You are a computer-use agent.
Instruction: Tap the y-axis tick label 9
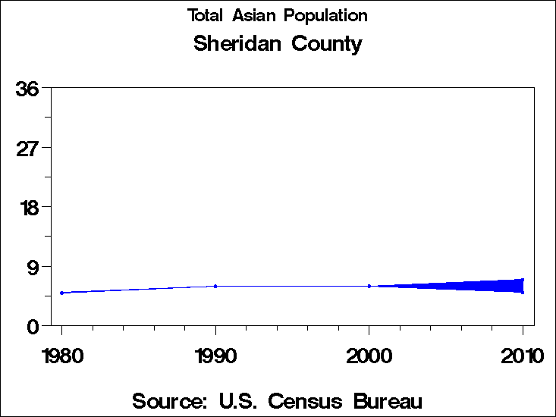(33, 267)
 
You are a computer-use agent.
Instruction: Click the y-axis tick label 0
(33, 327)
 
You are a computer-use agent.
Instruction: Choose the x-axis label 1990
(216, 355)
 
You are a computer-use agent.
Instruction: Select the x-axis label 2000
(369, 355)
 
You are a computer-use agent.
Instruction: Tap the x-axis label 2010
(523, 355)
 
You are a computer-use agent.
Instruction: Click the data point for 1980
(61, 293)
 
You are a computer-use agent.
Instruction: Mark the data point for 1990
(216, 286)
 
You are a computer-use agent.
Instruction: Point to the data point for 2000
(369, 286)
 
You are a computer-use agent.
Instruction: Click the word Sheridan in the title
(237, 44)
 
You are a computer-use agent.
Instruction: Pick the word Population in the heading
(325, 16)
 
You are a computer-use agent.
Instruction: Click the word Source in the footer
(170, 400)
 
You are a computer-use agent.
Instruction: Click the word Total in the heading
(206, 15)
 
